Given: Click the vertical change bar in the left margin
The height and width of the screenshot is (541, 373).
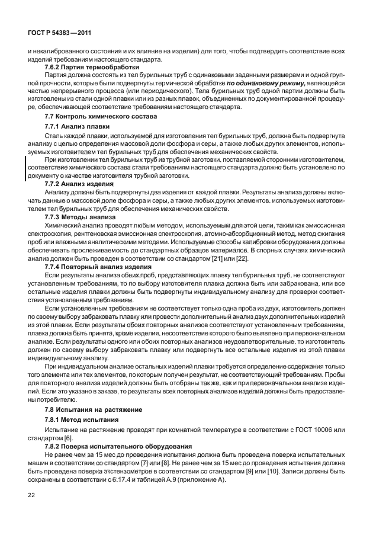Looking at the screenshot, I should pyautogui.click(x=25, y=168).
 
